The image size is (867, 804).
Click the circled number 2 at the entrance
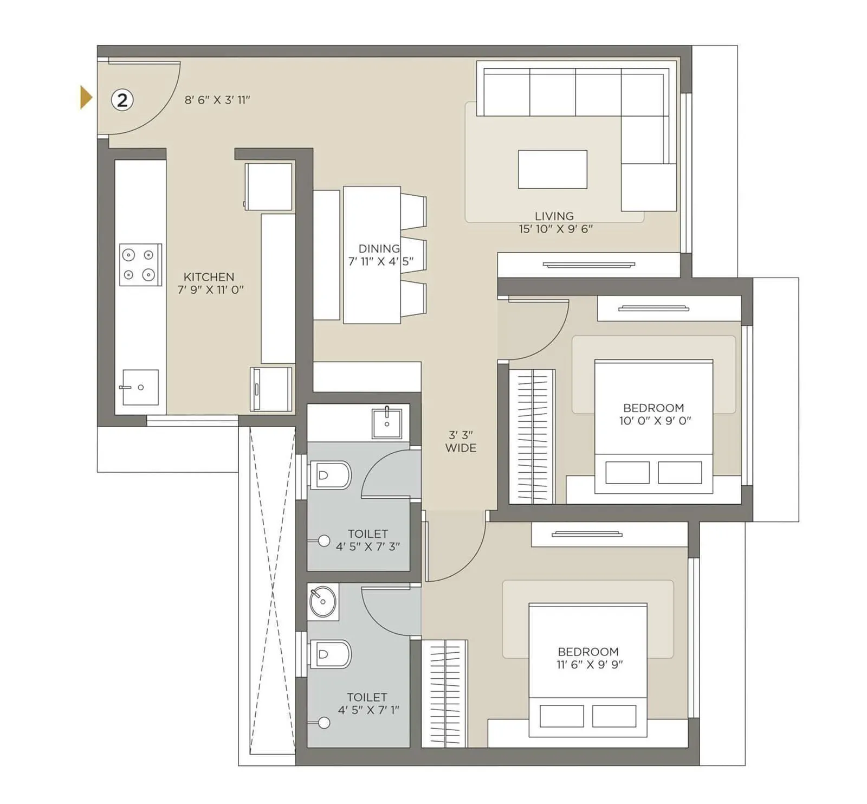pyautogui.click(x=122, y=100)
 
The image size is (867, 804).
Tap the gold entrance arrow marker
pyautogui.click(x=86, y=98)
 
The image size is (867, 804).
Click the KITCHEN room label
pyautogui.click(x=209, y=277)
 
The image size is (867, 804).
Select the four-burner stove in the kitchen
pyautogui.click(x=140, y=265)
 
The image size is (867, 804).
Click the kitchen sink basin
pyautogui.click(x=140, y=387)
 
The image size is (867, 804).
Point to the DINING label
pyautogui.click(x=379, y=249)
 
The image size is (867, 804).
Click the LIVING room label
pyautogui.click(x=554, y=216)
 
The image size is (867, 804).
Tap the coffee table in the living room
pyautogui.click(x=552, y=170)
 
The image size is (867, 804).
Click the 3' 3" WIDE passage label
pyautogui.click(x=461, y=441)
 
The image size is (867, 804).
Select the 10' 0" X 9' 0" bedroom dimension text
pyautogui.click(x=655, y=421)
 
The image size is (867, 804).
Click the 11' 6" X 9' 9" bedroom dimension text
pyautogui.click(x=589, y=665)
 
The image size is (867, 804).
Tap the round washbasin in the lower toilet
pyautogui.click(x=322, y=602)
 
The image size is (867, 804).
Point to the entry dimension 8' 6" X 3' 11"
pyautogui.click(x=217, y=100)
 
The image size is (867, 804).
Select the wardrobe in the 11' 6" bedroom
pyautogui.click(x=444, y=694)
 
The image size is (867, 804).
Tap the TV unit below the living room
pyautogui.click(x=588, y=265)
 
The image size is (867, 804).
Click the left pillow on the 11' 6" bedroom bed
pyautogui.click(x=561, y=716)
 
